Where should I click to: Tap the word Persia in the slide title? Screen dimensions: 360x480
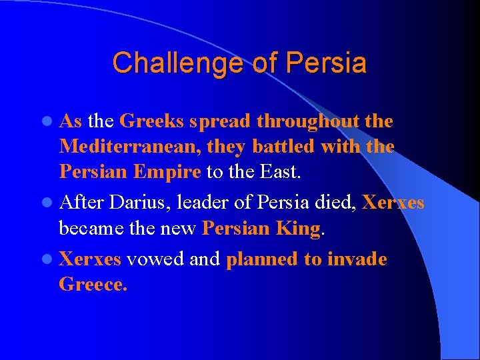click(x=328, y=64)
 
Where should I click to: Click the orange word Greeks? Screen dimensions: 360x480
click(x=152, y=122)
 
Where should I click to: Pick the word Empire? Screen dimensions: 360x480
click(x=167, y=172)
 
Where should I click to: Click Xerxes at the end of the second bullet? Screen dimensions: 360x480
click(x=393, y=203)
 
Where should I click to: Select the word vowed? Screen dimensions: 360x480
click(x=155, y=259)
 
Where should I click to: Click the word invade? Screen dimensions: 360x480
click(x=357, y=259)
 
